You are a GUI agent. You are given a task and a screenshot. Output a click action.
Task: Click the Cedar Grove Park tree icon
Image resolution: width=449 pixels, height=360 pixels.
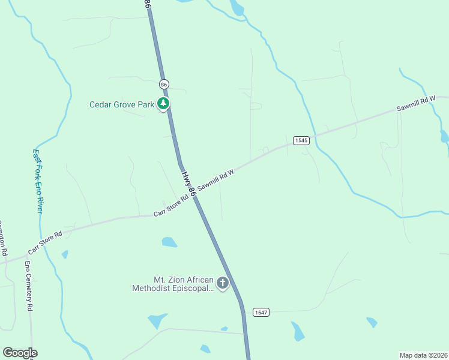(163, 104)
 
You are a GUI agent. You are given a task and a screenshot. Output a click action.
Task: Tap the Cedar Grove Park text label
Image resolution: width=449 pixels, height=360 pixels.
(122, 104)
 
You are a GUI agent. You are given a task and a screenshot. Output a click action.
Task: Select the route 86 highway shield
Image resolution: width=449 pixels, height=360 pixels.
(164, 85)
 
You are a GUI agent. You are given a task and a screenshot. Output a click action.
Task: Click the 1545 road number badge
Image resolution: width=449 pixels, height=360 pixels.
(301, 140)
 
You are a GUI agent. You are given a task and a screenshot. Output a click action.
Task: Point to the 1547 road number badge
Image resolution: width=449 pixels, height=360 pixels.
(261, 312)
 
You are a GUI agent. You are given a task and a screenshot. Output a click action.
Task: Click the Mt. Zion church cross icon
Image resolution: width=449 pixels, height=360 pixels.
(223, 283)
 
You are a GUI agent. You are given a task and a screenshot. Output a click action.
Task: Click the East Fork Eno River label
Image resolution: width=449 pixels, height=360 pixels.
(38, 181)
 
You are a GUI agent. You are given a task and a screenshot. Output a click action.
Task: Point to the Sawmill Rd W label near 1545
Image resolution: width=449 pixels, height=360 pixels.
(215, 178)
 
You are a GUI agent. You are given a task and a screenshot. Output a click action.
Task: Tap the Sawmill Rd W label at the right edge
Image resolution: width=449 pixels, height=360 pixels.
(415, 104)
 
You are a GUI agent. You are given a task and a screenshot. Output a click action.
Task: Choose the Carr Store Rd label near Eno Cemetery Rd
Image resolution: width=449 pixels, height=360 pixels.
(45, 242)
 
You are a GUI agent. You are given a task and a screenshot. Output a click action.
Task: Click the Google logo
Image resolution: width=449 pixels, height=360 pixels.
(20, 353)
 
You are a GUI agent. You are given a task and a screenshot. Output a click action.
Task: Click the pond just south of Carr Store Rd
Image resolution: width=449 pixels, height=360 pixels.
(170, 242)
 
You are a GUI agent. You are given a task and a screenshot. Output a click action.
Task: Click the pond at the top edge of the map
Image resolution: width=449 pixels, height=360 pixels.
(238, 7)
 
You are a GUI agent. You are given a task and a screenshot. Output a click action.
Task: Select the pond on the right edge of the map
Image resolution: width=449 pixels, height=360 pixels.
(444, 136)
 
